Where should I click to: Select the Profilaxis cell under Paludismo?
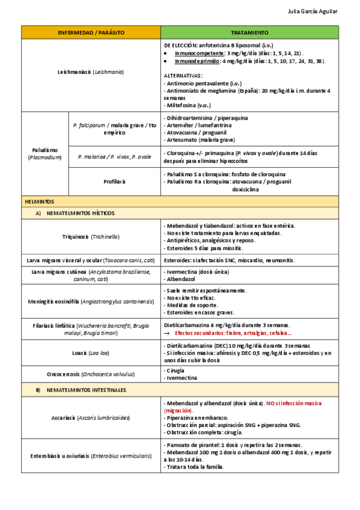114,181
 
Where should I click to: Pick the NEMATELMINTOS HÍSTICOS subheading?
80,213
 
